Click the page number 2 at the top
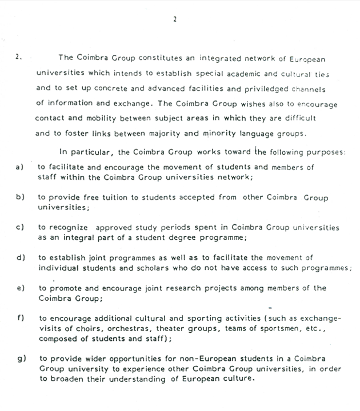(175, 19)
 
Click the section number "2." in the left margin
(19, 58)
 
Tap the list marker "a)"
(19, 167)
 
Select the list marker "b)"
(19, 197)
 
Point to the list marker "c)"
(19, 227)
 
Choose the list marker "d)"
(19, 257)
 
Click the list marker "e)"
(19, 288)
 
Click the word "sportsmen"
(278, 328)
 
